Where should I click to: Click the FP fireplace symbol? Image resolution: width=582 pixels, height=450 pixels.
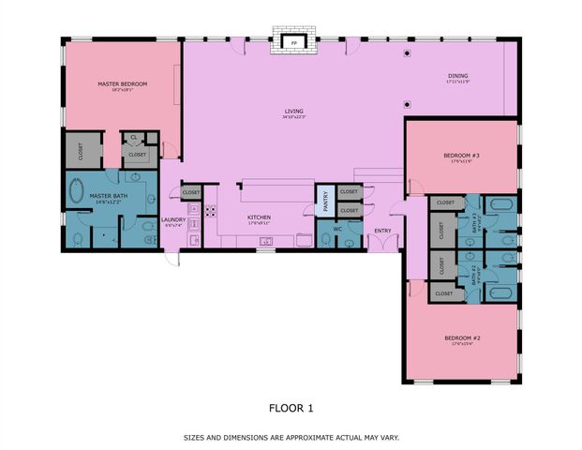[x=294, y=43]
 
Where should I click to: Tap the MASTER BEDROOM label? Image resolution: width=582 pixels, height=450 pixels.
[x=122, y=84]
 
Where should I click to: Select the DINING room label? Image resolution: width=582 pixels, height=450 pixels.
[x=457, y=77]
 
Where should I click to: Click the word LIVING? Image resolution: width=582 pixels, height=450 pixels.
[x=294, y=112]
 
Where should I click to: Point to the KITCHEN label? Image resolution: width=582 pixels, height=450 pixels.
[x=259, y=217]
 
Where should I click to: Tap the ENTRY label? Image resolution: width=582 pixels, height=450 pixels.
[x=382, y=230]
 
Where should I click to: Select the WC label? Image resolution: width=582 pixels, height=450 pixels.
[x=336, y=229]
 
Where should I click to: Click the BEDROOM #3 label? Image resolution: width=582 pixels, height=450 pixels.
[x=462, y=156]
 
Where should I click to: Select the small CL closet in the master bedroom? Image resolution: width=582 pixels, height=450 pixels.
[x=134, y=137]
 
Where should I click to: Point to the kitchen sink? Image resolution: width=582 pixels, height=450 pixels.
[x=266, y=242]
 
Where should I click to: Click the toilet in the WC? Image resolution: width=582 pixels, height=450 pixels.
[x=350, y=243]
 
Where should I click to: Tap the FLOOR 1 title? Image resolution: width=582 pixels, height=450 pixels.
[x=291, y=408]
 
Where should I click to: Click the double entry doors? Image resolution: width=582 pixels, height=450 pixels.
[x=382, y=244]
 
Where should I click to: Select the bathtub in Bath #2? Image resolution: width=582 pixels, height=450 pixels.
[x=500, y=292]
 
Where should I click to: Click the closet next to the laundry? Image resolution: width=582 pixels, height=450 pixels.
[x=191, y=192]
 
